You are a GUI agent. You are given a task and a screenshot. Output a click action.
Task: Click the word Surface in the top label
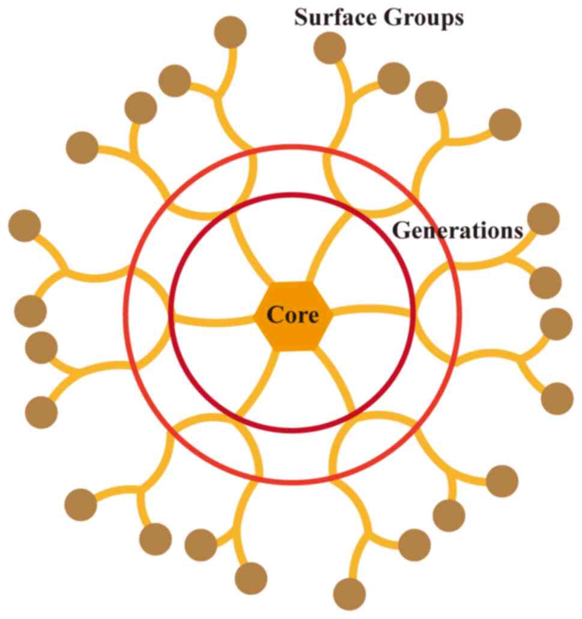point(329,17)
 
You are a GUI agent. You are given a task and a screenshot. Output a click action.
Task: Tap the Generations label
point(457,231)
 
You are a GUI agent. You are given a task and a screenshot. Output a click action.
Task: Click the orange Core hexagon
point(293,315)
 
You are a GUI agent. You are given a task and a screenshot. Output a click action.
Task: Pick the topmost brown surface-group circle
point(231,31)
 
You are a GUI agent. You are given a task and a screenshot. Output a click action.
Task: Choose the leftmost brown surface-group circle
point(25,226)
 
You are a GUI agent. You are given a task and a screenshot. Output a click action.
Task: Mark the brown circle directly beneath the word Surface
point(330,47)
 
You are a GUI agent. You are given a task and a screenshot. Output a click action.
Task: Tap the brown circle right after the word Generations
point(543,219)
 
